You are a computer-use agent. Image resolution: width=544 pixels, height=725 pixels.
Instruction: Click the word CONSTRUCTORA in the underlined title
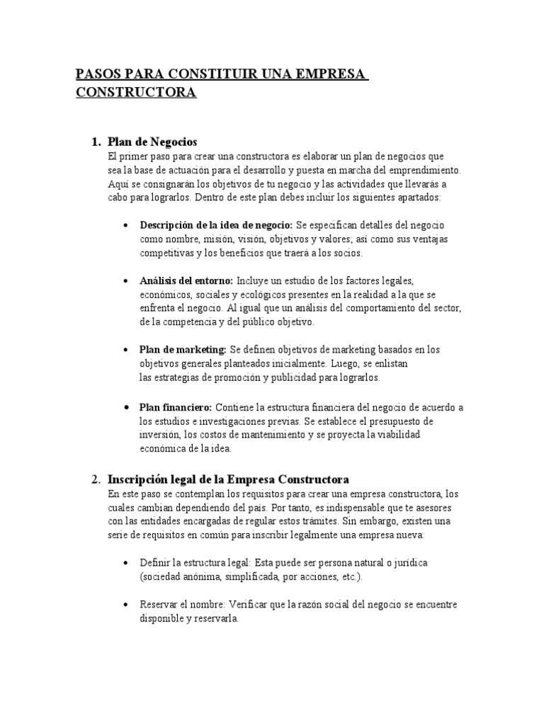click(x=137, y=93)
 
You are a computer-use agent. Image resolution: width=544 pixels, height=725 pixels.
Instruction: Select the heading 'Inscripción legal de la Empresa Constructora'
click(x=227, y=479)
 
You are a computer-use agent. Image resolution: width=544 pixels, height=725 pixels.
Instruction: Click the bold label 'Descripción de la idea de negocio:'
click(x=216, y=225)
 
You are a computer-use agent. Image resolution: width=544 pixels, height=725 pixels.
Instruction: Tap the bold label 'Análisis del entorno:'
click(x=187, y=280)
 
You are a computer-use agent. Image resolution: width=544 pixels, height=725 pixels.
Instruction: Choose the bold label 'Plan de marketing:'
click(x=183, y=350)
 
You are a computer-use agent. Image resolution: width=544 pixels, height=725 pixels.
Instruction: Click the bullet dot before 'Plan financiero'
click(x=125, y=408)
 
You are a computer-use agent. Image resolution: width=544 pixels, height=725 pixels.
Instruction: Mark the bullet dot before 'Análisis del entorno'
click(x=125, y=281)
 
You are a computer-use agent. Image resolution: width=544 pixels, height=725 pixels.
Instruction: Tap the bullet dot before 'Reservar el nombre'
click(x=125, y=605)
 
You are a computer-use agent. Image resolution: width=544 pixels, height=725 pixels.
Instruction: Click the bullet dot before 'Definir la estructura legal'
click(x=125, y=562)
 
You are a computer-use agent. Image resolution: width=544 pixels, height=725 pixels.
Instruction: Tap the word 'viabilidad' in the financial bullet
click(x=393, y=434)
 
